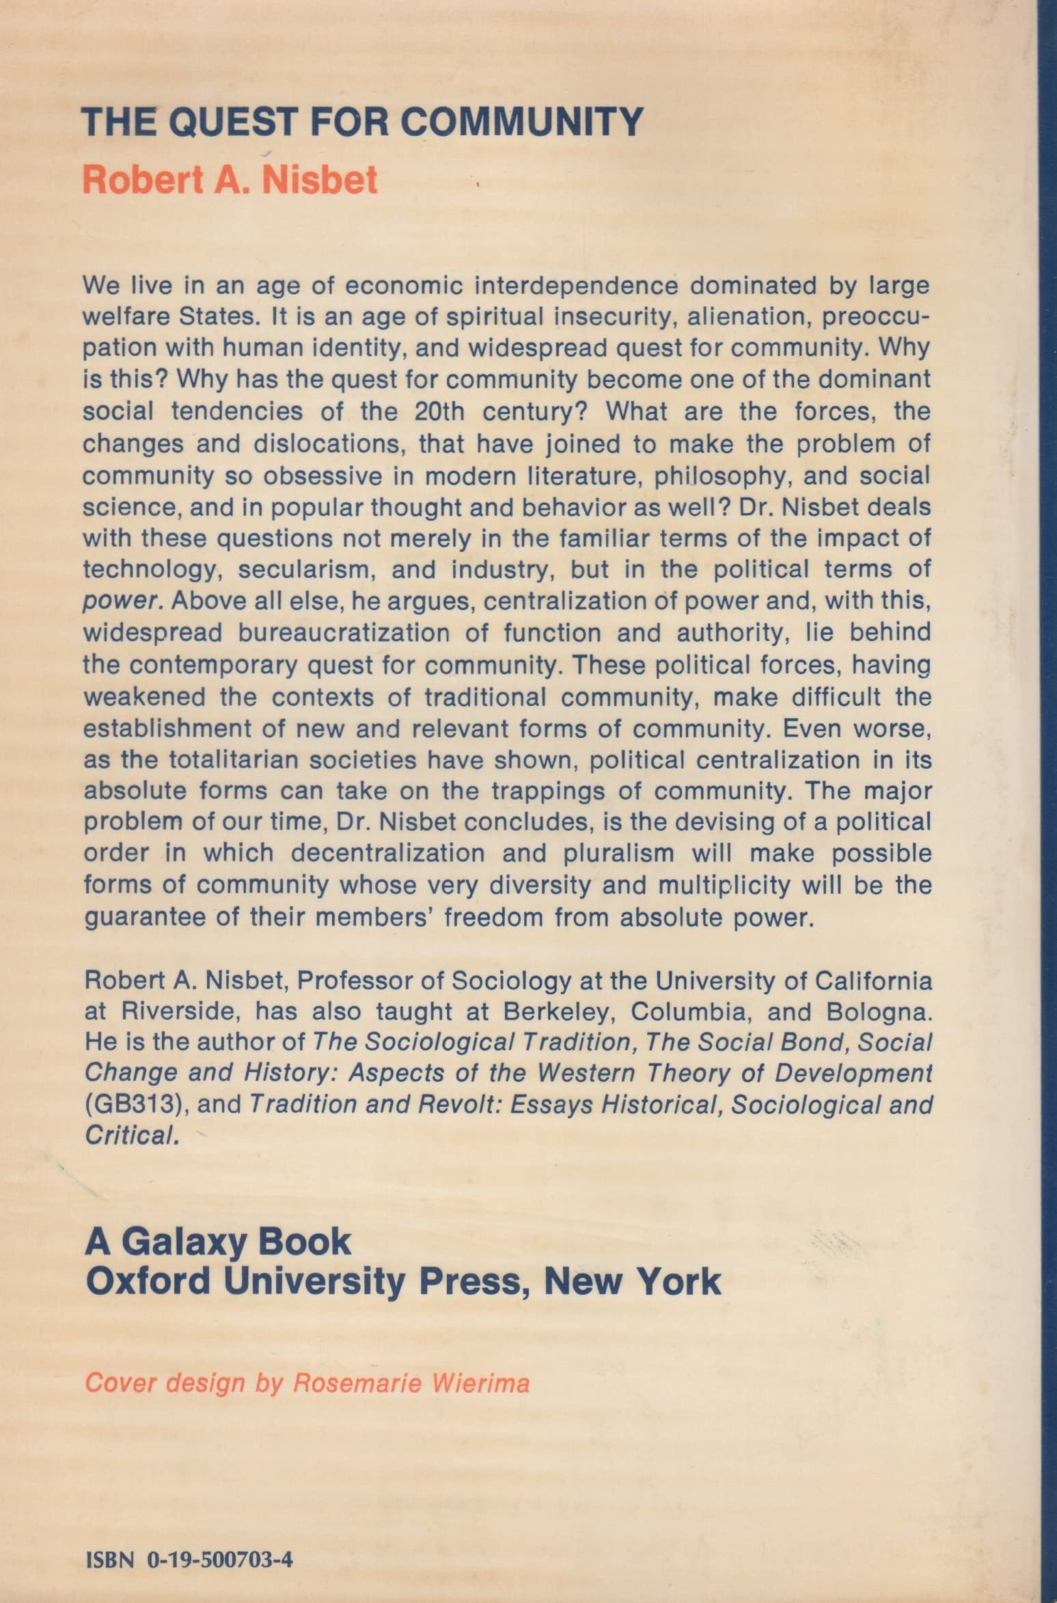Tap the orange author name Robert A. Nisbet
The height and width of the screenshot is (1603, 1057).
[x=230, y=179]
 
